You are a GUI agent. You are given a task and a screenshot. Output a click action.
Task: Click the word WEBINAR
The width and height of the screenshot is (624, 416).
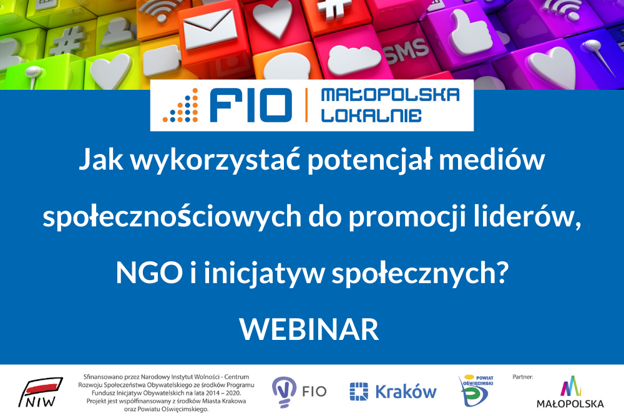tap(310, 329)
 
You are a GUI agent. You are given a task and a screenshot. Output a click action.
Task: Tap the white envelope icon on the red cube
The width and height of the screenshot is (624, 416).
tap(209, 28)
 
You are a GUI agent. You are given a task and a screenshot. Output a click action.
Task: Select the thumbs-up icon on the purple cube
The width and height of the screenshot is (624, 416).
tap(469, 32)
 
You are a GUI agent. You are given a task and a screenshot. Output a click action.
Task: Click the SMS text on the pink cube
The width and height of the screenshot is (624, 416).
tap(407, 51)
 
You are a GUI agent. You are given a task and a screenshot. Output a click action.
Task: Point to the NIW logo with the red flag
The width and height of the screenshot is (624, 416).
tap(40, 392)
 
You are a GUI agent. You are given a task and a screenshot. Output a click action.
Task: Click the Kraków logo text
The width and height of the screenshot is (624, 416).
tap(406, 392)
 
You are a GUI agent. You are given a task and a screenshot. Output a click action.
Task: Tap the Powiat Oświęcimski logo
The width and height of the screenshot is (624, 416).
tap(476, 390)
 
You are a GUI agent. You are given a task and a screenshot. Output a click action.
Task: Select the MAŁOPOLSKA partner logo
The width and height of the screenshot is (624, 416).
tap(570, 392)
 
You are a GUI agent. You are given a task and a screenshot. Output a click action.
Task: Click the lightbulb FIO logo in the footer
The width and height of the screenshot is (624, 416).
tap(299, 392)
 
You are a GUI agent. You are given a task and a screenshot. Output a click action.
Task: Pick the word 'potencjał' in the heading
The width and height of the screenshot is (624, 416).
tap(369, 160)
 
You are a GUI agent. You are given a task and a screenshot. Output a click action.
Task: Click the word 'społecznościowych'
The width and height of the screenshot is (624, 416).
tap(172, 217)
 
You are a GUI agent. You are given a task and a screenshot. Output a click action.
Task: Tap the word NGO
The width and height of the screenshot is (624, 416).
tap(149, 273)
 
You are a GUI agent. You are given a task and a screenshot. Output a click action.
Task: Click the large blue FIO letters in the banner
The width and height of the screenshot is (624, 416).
tap(251, 105)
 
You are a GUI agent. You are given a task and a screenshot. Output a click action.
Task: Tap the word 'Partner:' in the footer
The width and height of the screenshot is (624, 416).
tap(522, 377)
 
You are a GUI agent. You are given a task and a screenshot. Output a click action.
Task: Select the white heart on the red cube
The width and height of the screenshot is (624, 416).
tap(273, 17)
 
